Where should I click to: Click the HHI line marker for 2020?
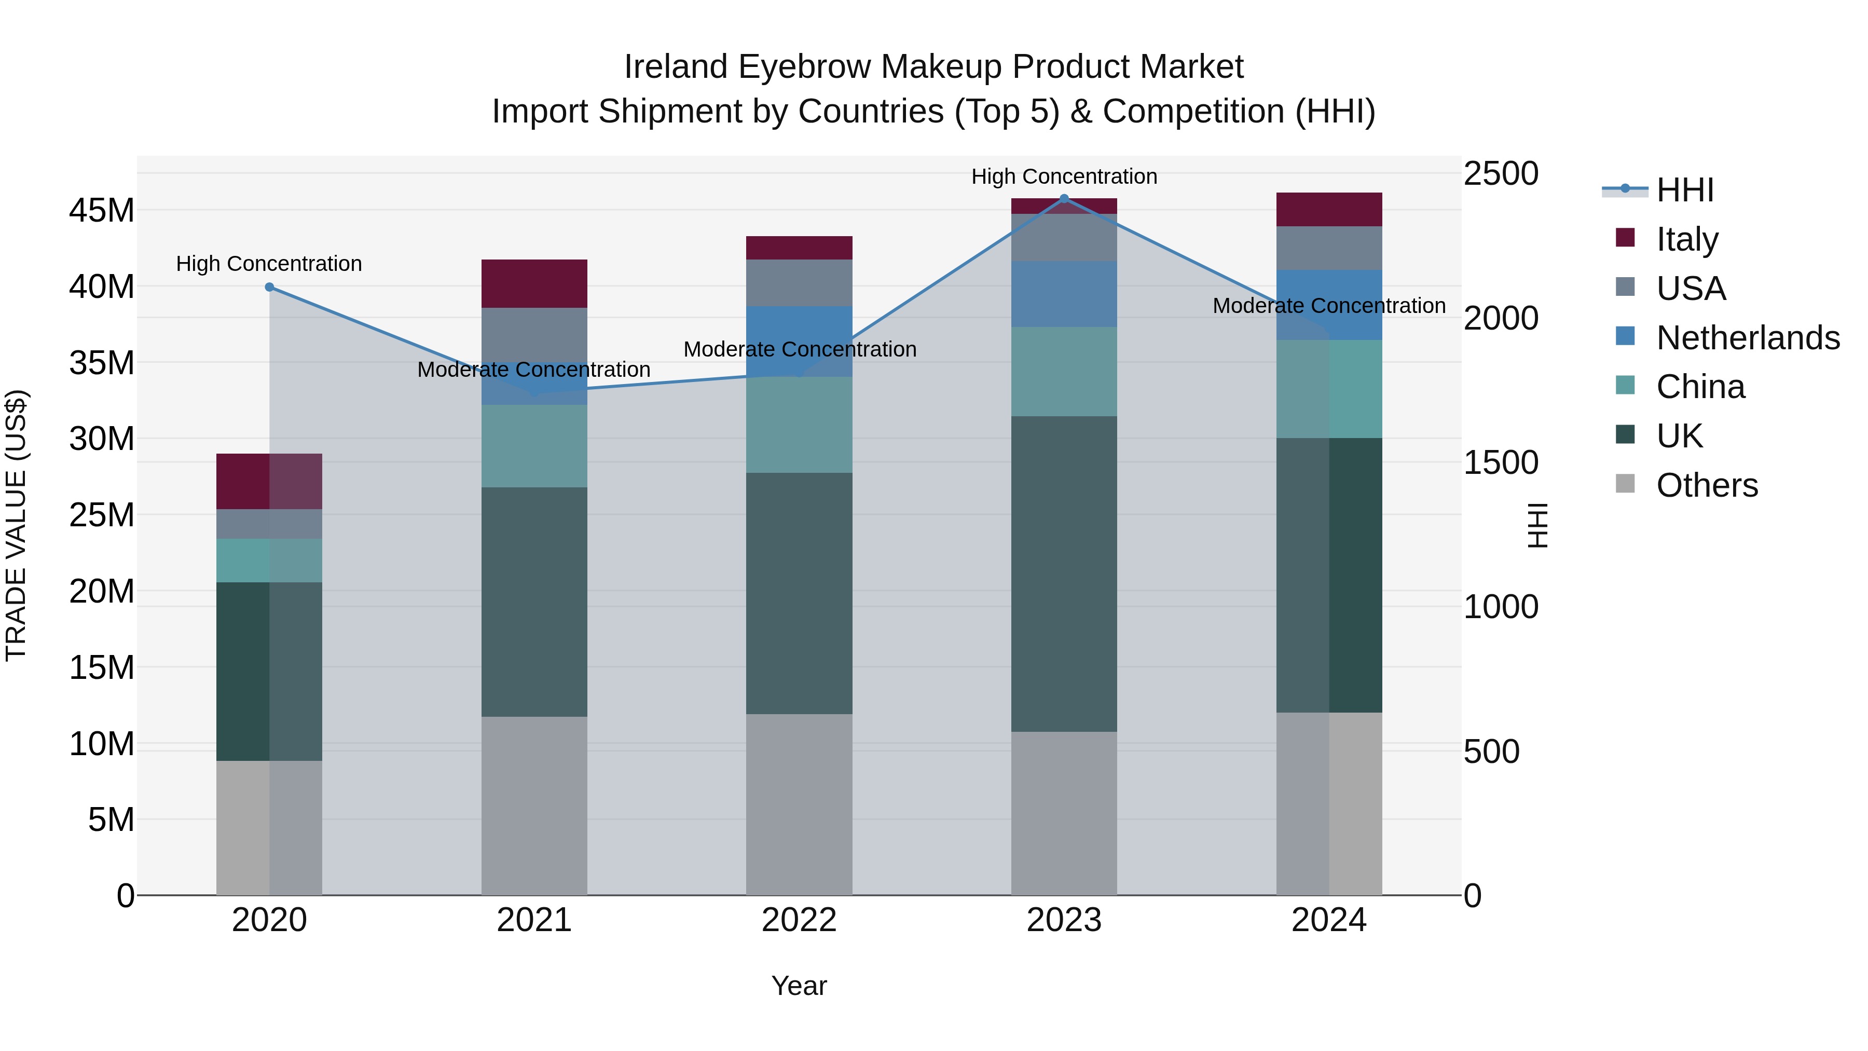[x=269, y=287]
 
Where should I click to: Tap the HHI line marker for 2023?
[x=1064, y=199]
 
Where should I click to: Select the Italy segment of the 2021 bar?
[x=534, y=283]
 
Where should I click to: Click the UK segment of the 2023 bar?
[x=1064, y=573]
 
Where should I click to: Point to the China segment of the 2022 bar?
[x=799, y=425]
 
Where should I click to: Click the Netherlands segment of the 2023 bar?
[x=1064, y=294]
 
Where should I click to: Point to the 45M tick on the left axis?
[x=102, y=211]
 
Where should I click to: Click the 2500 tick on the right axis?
[x=1500, y=174]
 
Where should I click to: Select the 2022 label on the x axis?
[x=799, y=920]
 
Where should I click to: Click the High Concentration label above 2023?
[x=1064, y=176]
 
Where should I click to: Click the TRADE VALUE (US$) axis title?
[x=16, y=525]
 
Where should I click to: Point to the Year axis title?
[x=799, y=986]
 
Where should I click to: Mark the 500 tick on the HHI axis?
[x=1491, y=752]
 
